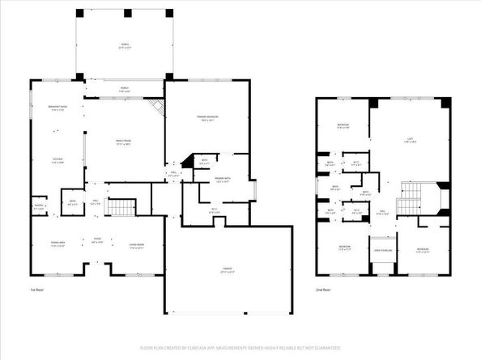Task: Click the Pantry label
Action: coord(38,207)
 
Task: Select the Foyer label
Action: coord(96,240)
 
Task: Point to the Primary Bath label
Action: coord(223,180)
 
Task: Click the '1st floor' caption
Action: coord(37,290)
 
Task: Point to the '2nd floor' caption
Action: coord(323,290)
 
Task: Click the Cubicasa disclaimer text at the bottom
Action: coord(240,348)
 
